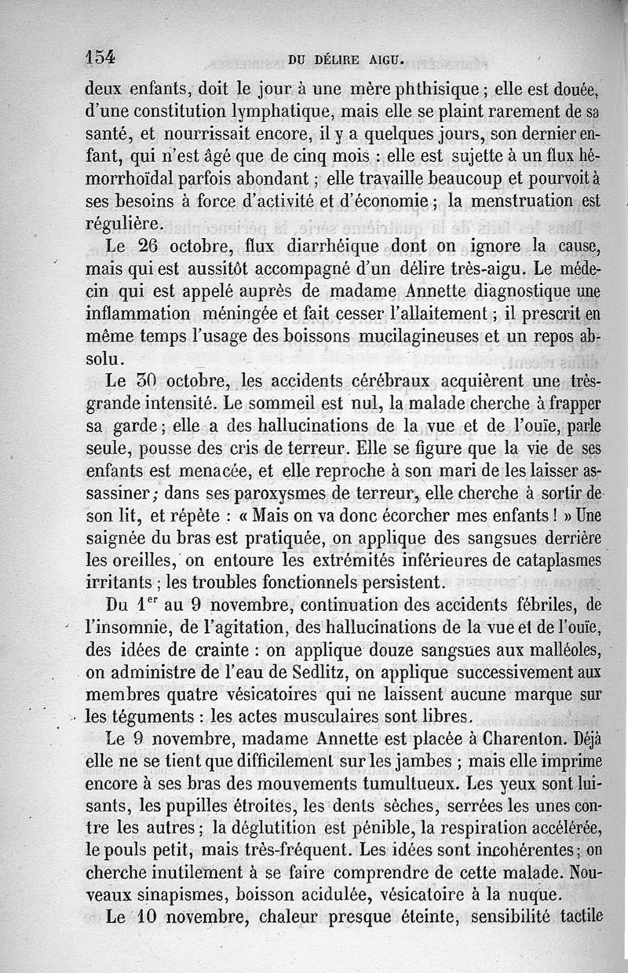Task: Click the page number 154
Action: click(100, 57)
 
